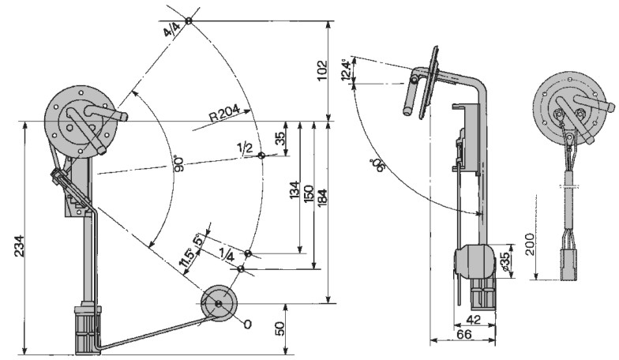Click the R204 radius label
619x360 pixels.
pos(224,113)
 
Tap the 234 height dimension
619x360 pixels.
pos(19,246)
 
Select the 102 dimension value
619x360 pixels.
pos(322,70)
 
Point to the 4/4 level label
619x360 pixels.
pos(172,29)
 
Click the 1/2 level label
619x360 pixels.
pos(245,148)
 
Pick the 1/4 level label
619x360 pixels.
pos(227,256)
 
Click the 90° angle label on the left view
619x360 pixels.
pos(178,164)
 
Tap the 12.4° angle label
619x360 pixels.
pos(346,70)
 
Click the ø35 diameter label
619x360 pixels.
pos(505,261)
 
